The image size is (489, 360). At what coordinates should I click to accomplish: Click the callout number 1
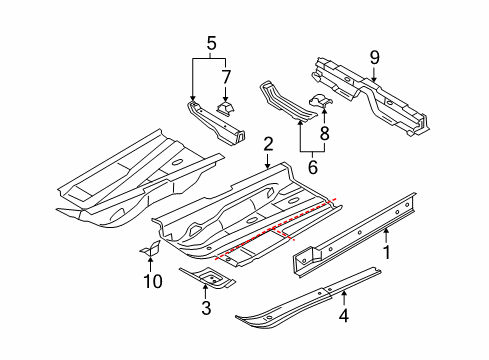tap(387, 252)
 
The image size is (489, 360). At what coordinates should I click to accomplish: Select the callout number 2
tap(268, 144)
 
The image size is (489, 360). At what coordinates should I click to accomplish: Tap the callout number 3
tap(206, 308)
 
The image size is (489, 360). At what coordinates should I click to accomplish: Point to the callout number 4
tap(344, 315)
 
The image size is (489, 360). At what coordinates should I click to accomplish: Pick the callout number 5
tap(212, 43)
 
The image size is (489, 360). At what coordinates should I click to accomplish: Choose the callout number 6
tap(313, 167)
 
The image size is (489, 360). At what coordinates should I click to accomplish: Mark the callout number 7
tap(226, 77)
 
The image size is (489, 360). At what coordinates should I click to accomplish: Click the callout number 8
tap(324, 133)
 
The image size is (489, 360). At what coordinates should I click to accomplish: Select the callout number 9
tap(375, 58)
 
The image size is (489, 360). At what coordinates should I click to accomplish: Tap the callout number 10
tap(153, 281)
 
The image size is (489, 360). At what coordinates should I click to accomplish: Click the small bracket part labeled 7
tap(226, 108)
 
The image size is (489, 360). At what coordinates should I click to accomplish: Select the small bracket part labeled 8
tap(321, 100)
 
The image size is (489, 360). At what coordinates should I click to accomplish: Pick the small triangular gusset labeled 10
tap(151, 248)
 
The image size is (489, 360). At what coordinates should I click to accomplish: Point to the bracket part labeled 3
tap(207, 277)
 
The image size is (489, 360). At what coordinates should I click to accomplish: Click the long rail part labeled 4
tap(308, 298)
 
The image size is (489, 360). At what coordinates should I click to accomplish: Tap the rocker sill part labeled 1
tap(354, 235)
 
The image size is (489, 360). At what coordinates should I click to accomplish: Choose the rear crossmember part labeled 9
tap(370, 96)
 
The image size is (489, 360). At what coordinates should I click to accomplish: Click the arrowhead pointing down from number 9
tap(374, 79)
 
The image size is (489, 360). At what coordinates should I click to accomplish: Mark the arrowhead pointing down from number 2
tap(268, 165)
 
